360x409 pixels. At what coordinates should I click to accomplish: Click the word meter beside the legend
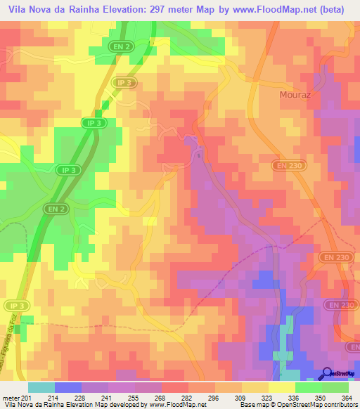click(x=11, y=398)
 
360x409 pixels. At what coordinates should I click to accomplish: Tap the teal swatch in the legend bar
click(x=41, y=387)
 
